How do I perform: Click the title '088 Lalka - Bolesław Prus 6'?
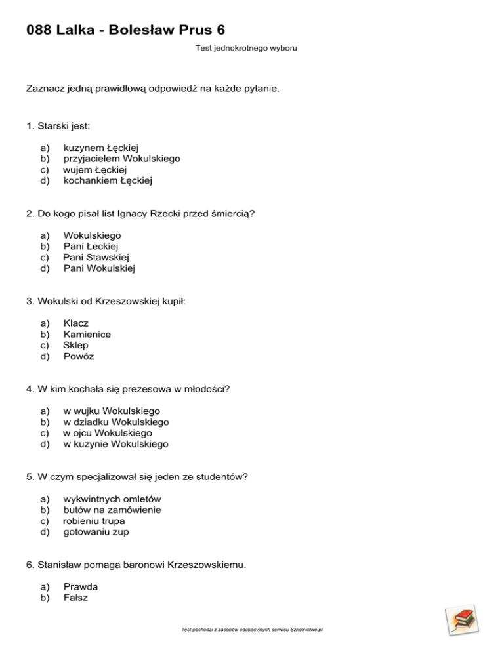click(x=130, y=30)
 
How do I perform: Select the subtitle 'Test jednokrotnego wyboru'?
click(x=246, y=48)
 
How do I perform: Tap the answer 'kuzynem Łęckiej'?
click(x=105, y=148)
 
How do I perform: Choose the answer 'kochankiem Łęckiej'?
click(x=108, y=180)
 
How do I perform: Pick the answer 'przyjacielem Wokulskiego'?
click(x=121, y=159)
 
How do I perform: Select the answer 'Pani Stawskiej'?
click(x=96, y=257)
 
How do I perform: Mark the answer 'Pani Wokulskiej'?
click(x=100, y=268)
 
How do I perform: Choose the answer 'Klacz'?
click(x=75, y=323)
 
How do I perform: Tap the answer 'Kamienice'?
click(x=87, y=335)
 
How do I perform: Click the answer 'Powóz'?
click(x=78, y=356)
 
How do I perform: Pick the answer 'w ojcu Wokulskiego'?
click(x=107, y=433)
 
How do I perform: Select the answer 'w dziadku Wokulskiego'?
click(x=115, y=422)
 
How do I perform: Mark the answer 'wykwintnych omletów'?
click(x=112, y=499)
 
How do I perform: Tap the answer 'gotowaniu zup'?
click(x=96, y=532)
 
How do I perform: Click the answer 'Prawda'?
click(x=80, y=587)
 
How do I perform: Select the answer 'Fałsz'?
click(x=75, y=598)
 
